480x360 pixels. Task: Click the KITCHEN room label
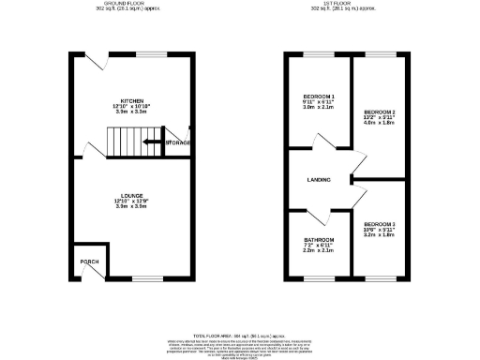point(131,100)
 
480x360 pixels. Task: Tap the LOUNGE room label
point(131,195)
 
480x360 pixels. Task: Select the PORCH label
point(90,262)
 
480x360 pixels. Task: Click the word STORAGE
point(178,142)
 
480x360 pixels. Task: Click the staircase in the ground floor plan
point(124,142)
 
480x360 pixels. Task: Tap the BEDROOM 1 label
point(319,97)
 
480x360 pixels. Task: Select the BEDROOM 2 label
point(380,112)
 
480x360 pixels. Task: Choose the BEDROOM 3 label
point(380,225)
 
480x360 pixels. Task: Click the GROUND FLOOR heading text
point(131,4)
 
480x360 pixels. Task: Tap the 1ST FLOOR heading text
point(349,4)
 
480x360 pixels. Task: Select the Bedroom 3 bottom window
point(380,278)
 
